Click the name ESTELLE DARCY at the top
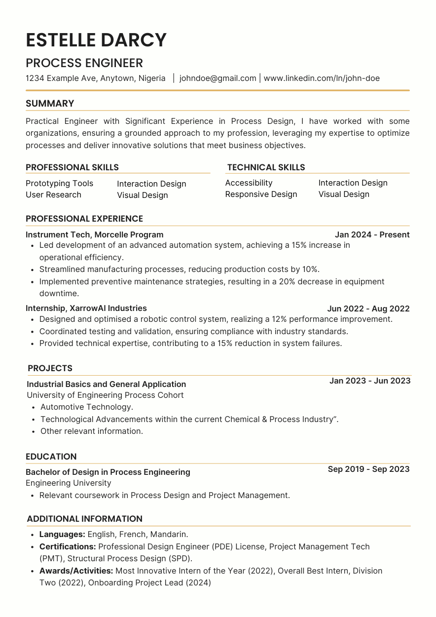coord(96,40)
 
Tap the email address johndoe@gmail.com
coord(218,78)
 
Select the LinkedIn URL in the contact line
coord(322,78)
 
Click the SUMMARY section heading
coord(50,104)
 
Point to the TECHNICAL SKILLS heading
coord(266,167)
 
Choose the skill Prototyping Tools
coord(59,183)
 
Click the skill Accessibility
coord(249,183)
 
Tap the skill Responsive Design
coord(261,194)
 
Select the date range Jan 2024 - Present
coord(372,234)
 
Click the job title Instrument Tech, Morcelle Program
coord(94,234)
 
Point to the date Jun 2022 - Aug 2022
coord(368,308)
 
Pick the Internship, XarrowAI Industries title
coord(86,308)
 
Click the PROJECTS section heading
coord(50,368)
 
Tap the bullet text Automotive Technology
coord(87,407)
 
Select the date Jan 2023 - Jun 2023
coord(369,381)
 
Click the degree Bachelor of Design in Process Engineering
coord(108,472)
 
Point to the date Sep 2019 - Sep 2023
coord(368,469)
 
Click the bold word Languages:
coord(62,534)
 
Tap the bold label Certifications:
coord(68,546)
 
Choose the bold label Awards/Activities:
coord(76,571)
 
